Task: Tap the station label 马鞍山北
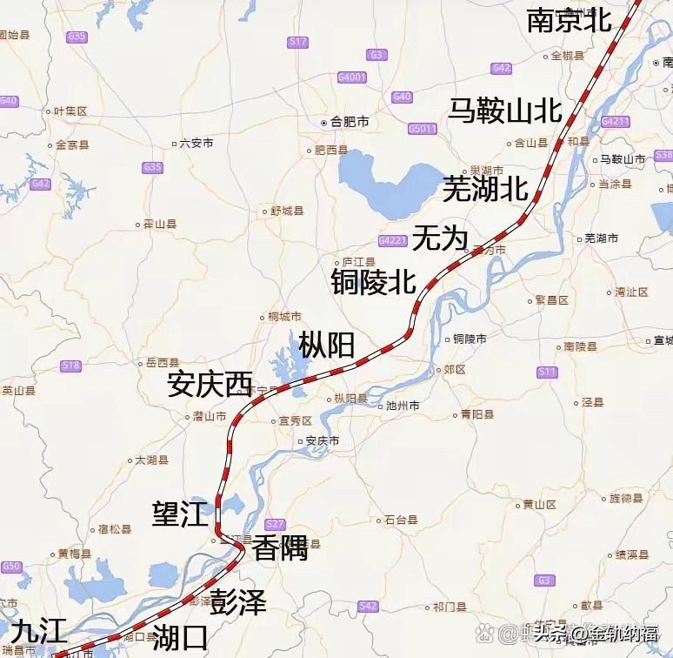(505, 111)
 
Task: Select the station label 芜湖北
(485, 187)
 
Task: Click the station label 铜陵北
(373, 281)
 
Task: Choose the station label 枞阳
(326, 345)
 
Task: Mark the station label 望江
(180, 514)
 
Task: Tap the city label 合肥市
(349, 122)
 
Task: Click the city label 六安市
(195, 143)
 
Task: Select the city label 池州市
(401, 406)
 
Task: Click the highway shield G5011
(423, 129)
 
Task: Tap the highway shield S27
(275, 523)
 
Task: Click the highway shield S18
(71, 366)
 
